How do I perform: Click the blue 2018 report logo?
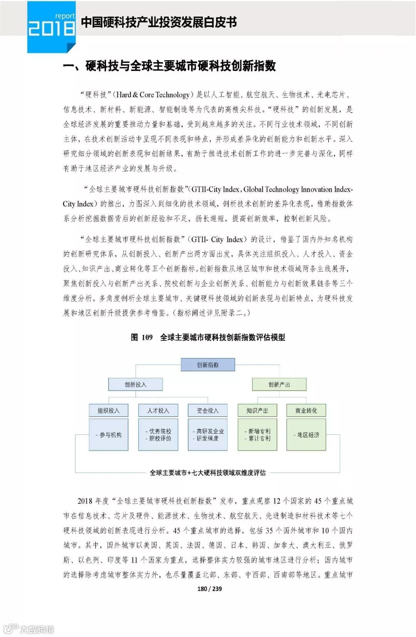[51, 26]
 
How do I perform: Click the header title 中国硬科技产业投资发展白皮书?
[159, 22]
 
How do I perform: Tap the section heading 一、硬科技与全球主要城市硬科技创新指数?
[169, 66]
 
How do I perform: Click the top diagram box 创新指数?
[208, 365]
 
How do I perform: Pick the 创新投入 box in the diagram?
[135, 384]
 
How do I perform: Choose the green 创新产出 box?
[279, 384]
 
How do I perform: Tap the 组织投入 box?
[108, 411]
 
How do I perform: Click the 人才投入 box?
[158, 411]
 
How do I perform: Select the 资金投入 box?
[207, 411]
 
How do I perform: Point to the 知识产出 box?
[257, 411]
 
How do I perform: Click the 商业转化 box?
[306, 411]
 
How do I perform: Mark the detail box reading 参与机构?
[109, 435]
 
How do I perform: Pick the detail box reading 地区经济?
[307, 435]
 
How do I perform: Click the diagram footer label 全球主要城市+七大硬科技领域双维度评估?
[208, 473]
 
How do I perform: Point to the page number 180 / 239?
[209, 589]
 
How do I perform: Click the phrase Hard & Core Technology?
[153, 95]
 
